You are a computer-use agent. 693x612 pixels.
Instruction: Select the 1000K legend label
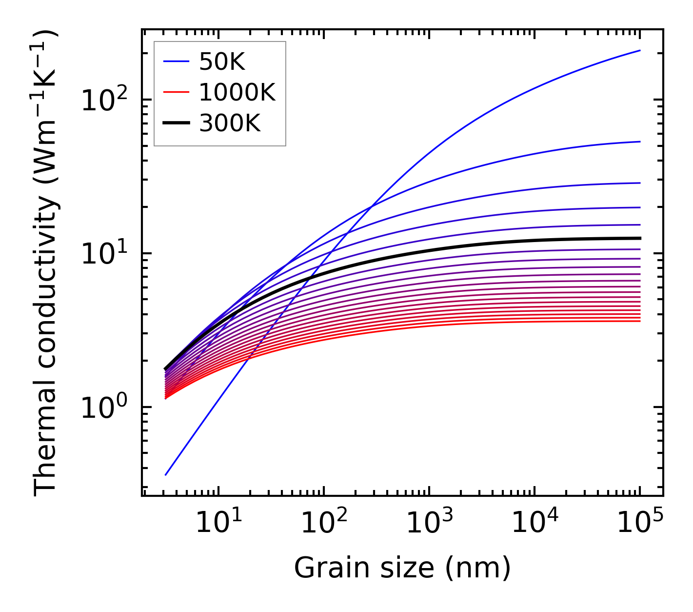click(237, 92)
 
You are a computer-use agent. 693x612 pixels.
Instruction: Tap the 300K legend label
click(230, 123)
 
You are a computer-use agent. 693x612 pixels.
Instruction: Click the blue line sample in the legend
click(176, 61)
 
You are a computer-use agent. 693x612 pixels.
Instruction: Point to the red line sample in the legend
click(176, 92)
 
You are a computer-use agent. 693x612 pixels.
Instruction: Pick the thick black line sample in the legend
click(176, 123)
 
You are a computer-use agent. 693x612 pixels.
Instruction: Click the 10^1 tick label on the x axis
click(218, 524)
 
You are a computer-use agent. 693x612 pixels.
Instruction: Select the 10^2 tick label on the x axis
click(323, 524)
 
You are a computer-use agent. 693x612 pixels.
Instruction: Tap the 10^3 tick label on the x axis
click(429, 524)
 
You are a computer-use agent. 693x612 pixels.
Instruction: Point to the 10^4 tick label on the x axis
click(534, 524)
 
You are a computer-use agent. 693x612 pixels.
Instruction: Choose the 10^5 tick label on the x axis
click(639, 524)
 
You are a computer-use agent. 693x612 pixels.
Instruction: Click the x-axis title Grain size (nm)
click(402, 568)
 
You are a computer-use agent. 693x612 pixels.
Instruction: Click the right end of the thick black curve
click(640, 238)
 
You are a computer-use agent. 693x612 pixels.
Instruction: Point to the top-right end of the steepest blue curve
click(640, 50)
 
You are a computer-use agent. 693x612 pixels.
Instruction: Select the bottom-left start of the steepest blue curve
click(166, 475)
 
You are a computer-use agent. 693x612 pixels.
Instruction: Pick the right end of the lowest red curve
click(640, 321)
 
